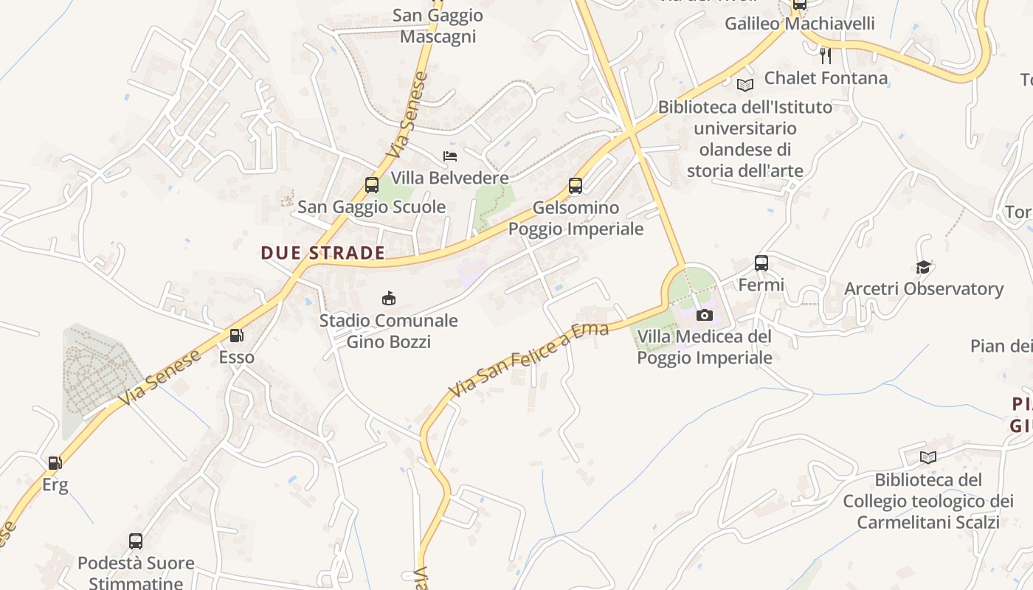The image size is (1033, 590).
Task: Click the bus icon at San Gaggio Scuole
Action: point(372,185)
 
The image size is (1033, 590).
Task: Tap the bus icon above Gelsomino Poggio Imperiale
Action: point(576,186)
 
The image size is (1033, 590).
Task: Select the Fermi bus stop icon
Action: point(761,263)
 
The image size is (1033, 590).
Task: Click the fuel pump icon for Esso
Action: point(236,336)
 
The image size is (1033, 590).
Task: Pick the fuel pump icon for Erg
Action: point(55,463)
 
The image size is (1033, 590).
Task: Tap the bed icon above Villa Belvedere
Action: point(450,156)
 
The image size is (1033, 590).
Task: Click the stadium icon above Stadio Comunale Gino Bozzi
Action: point(388,298)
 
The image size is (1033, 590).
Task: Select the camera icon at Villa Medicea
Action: point(705,316)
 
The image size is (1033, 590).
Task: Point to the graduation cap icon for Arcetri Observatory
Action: point(923,267)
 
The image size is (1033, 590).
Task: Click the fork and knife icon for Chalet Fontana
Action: point(826,55)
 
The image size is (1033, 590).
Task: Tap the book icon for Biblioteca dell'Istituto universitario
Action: point(745,85)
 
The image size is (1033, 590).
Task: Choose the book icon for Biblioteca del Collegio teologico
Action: point(928,457)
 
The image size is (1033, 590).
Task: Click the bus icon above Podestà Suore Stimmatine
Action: point(136,541)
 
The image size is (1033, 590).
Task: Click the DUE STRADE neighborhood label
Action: point(323,253)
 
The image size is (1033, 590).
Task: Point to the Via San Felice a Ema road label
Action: point(529,360)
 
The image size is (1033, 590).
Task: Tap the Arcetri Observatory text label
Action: point(924,288)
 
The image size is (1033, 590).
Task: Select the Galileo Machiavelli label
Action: point(800,24)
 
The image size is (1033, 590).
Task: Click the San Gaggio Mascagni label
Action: point(438,26)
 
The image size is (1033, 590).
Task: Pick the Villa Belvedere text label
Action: point(449,178)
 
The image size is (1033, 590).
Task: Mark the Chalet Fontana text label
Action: point(826,77)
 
